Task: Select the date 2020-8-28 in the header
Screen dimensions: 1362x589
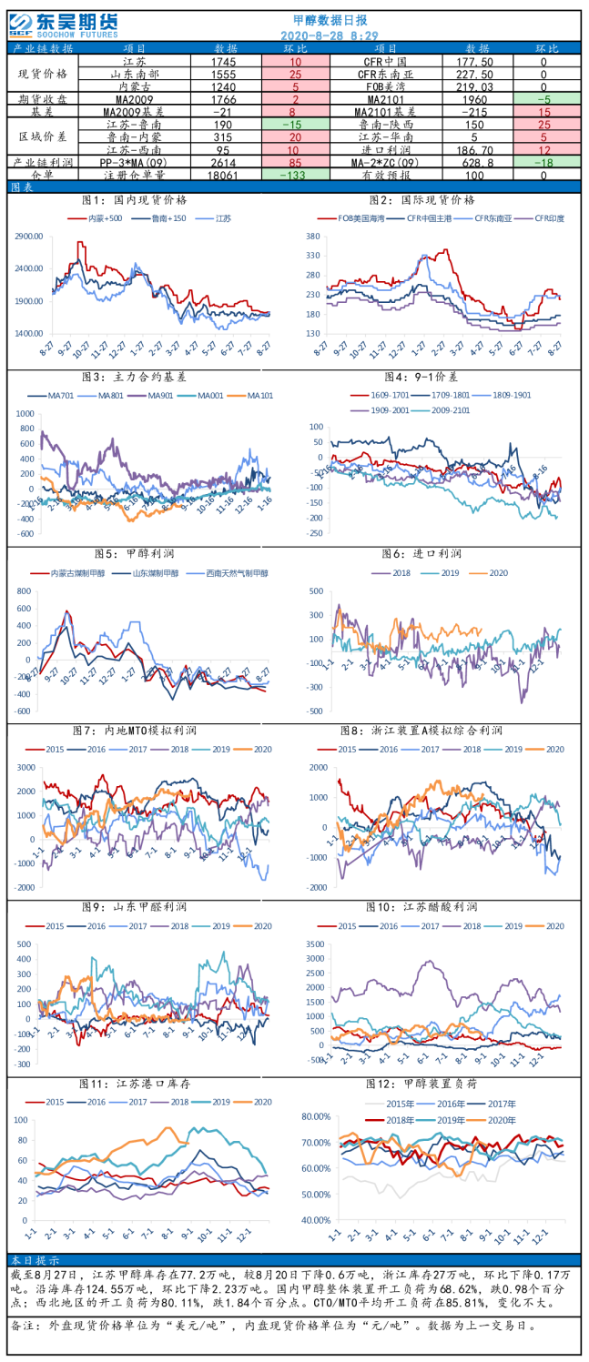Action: (x=309, y=35)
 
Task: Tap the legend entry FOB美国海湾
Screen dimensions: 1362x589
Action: (x=356, y=218)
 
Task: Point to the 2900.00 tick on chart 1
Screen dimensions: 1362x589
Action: (x=30, y=237)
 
